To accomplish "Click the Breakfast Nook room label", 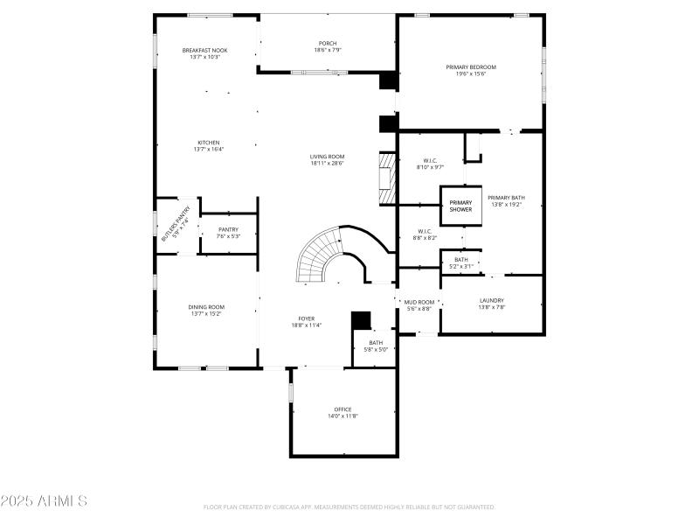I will click(205, 51).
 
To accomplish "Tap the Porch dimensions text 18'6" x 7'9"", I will click(328, 50).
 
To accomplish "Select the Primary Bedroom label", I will click(471, 67).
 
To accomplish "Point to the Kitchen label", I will click(208, 143).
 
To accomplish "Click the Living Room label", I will click(327, 157).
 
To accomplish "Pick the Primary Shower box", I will click(460, 206).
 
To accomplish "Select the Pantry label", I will click(228, 229).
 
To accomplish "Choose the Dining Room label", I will click(206, 307).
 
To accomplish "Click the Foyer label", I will click(307, 319).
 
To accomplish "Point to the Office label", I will click(343, 409).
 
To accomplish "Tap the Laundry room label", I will click(491, 301).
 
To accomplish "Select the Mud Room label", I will click(419, 302).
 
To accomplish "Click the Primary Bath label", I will click(506, 198).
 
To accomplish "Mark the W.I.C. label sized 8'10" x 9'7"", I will click(430, 160).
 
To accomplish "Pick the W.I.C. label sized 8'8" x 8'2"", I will click(426, 232).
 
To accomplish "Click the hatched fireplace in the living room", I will click(386, 178).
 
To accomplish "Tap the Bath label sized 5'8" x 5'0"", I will click(376, 343).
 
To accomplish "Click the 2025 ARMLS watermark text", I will click(44, 501).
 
